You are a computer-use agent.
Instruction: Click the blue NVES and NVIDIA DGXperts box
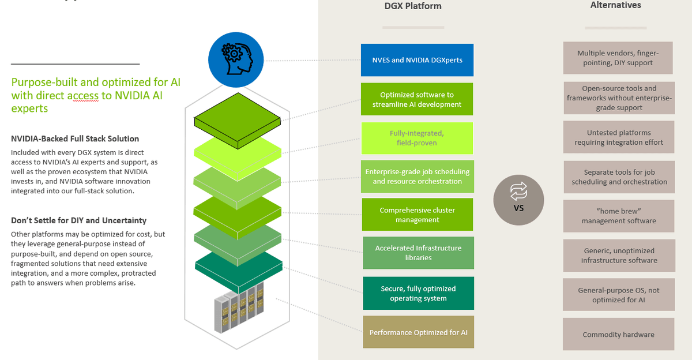(x=418, y=60)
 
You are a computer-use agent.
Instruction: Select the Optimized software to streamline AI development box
(x=418, y=99)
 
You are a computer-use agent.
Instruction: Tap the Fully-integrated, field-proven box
(x=418, y=138)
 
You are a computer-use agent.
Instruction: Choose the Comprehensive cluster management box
(x=418, y=215)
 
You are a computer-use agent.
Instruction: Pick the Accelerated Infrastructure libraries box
(x=418, y=253)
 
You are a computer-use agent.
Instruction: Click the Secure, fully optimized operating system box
(x=418, y=293)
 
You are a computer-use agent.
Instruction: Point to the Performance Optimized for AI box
(x=418, y=332)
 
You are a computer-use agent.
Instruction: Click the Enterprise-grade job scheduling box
(x=418, y=177)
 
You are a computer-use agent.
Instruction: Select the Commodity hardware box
(x=618, y=334)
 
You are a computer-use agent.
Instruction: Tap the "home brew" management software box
(x=618, y=216)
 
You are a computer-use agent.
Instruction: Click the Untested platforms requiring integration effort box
(x=618, y=137)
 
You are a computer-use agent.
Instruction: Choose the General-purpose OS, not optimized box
(x=618, y=295)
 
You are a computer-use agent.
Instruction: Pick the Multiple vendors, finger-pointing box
(x=618, y=58)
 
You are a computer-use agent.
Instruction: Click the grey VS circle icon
(x=518, y=200)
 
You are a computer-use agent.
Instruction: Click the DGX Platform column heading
(x=413, y=6)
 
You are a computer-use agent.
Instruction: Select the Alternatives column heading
(x=615, y=5)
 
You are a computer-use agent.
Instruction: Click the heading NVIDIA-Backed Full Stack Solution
(x=75, y=138)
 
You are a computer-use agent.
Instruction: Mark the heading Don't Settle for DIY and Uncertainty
(x=78, y=220)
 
